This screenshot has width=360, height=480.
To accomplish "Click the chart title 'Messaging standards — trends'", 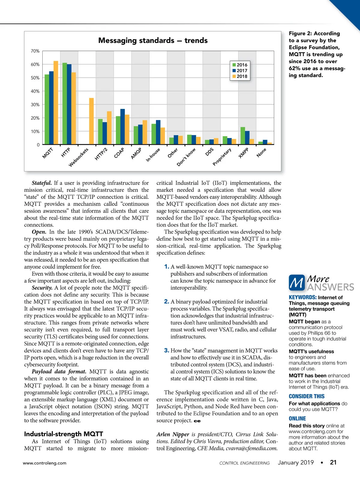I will (153, 40).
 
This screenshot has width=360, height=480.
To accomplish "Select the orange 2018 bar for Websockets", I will (91, 121).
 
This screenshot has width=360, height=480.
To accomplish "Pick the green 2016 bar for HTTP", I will (64, 103).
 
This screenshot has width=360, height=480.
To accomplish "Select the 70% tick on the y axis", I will (35, 51).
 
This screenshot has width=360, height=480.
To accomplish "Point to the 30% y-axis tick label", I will (35, 105).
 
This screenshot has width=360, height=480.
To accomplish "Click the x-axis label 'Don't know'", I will (186, 157).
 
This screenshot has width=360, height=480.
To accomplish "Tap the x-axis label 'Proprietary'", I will (222, 157).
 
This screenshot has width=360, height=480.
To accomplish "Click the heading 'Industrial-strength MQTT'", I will (64, 434).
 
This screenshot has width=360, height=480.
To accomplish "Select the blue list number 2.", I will (167, 301).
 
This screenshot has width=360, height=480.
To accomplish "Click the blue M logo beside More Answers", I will (297, 283).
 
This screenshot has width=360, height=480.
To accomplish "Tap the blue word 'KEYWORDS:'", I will (302, 297).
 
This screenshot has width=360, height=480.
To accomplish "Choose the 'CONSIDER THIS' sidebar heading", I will (307, 396).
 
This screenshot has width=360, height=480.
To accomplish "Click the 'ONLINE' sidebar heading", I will (297, 418).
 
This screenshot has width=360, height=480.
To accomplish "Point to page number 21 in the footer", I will (333, 462).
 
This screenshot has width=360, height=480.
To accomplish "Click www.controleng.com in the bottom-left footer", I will (45, 463).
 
